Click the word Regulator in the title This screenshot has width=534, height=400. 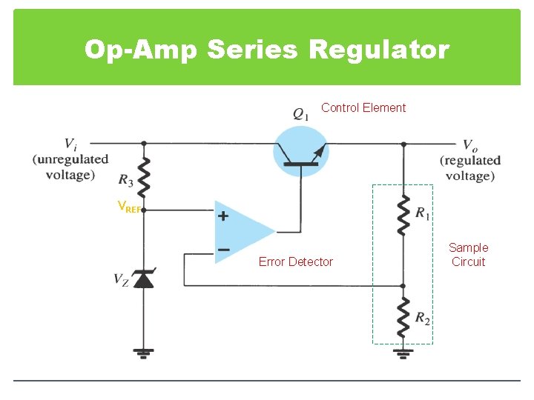click(x=378, y=50)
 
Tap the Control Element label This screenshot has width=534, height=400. click(x=363, y=108)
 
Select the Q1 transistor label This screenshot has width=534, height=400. click(x=301, y=114)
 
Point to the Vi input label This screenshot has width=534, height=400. click(x=70, y=144)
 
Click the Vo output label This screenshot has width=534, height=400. click(x=470, y=145)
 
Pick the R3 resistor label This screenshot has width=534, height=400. click(x=126, y=179)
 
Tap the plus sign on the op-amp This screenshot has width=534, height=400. click(x=222, y=216)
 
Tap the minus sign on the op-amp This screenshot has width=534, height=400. click(x=223, y=250)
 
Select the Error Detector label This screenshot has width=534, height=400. click(x=296, y=261)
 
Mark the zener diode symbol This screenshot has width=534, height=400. click(x=144, y=279)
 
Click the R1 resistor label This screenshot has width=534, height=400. click(x=421, y=213)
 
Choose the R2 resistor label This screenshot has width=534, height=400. click(x=422, y=319)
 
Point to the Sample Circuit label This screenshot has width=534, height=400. click(x=468, y=255)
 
